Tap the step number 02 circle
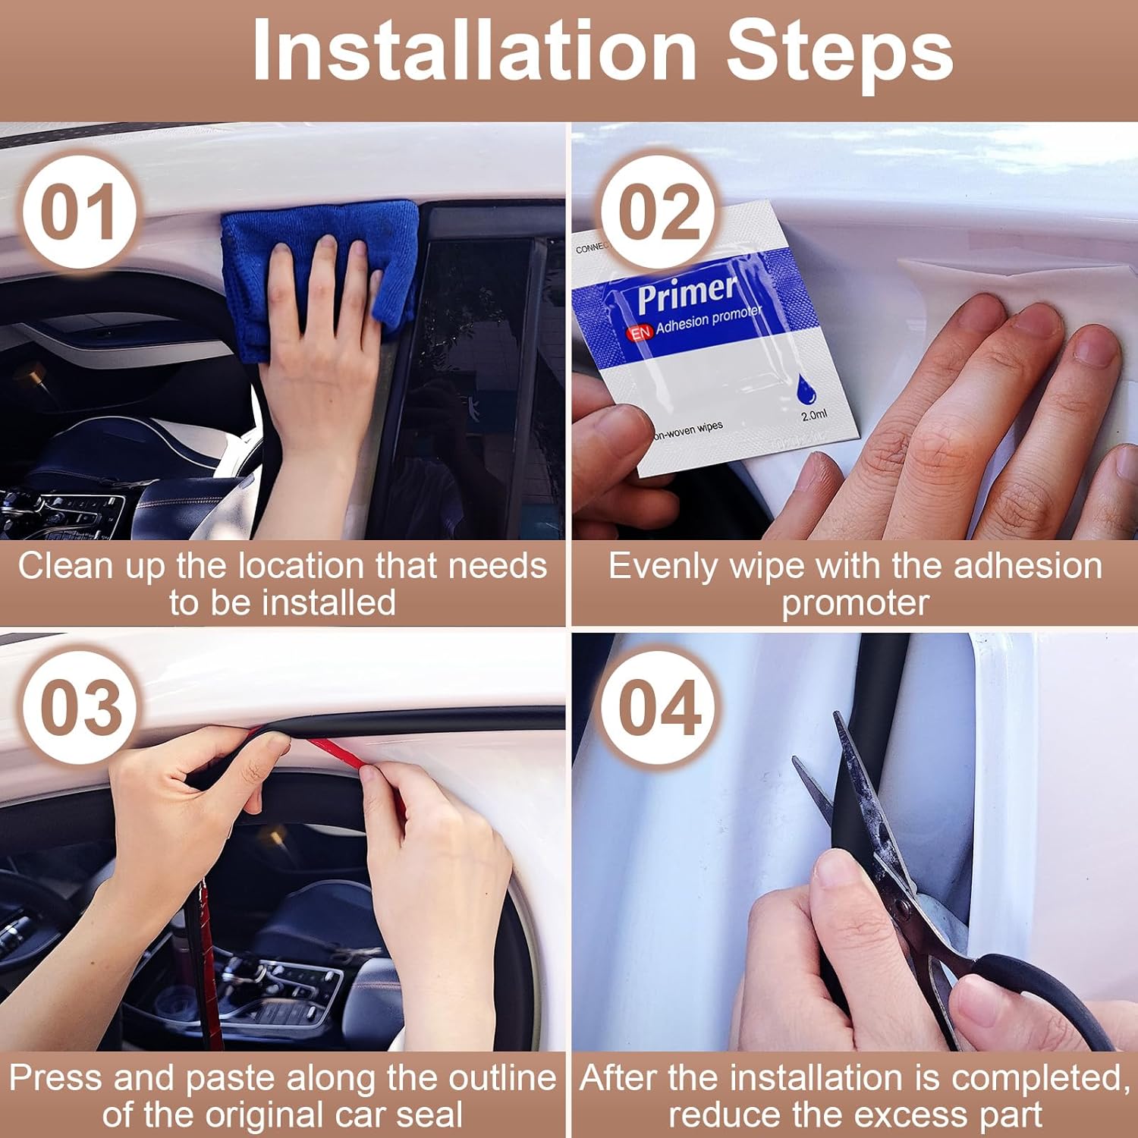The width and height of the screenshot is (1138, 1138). tap(659, 212)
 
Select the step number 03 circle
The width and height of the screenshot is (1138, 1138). tap(80, 708)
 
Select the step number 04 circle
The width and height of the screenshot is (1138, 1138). tap(659, 708)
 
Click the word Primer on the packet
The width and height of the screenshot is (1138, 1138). tap(686, 294)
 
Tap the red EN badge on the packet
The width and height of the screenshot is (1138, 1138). tap(640, 332)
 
